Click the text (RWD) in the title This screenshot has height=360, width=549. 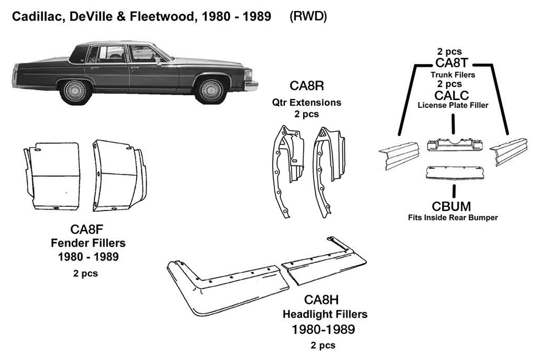coord(308,16)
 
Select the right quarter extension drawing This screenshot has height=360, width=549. coord(328,165)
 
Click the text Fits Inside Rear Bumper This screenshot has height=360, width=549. coord(453,217)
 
